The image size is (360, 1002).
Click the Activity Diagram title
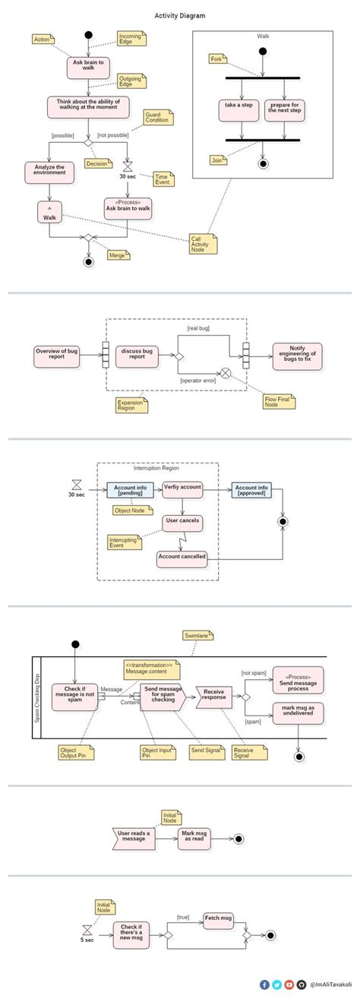pyautogui.click(x=179, y=15)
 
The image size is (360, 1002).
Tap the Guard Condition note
pyautogui.click(x=158, y=118)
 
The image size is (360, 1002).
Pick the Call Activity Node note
pyautogui.click(x=203, y=242)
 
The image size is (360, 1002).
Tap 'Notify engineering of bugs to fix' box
pyautogui.click(x=297, y=353)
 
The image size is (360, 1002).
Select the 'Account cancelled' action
pyautogui.click(x=182, y=557)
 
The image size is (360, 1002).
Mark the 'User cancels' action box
pyautogui.click(x=182, y=521)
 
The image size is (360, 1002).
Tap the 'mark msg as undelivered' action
pyautogui.click(x=298, y=711)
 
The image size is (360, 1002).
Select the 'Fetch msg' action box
pyautogui.click(x=218, y=919)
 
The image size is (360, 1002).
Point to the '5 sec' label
pyautogui.click(x=87, y=940)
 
